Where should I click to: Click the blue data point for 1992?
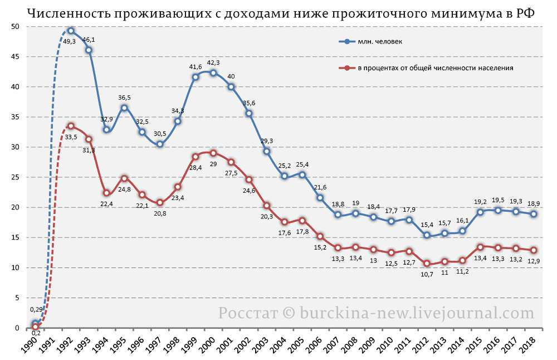[71, 31]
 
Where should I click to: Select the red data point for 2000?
[213, 153]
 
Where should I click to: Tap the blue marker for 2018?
[534, 214]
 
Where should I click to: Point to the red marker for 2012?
[427, 264]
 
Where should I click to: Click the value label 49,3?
[69, 41]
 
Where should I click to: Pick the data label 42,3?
[213, 62]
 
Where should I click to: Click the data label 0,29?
[36, 309]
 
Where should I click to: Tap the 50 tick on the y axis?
[16, 27]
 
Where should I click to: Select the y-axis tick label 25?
[16, 177]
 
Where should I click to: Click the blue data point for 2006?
[320, 198]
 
